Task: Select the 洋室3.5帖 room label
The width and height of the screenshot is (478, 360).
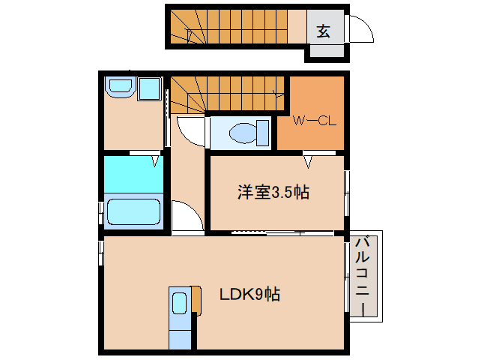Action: (273, 192)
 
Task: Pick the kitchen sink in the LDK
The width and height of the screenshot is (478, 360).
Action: (180, 304)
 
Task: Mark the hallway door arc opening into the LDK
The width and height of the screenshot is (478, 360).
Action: (188, 217)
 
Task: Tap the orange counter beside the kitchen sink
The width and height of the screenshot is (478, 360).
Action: (196, 299)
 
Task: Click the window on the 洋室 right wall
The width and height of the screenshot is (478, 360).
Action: (346, 192)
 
